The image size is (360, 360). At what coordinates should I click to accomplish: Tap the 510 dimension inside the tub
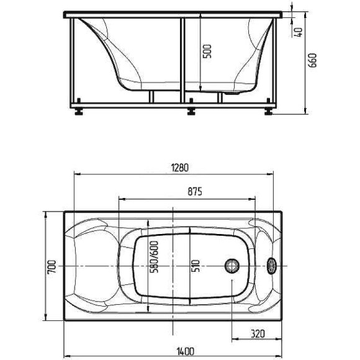[195, 266]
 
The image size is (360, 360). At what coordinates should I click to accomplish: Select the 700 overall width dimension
[52, 266]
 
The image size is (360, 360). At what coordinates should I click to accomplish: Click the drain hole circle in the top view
[232, 266]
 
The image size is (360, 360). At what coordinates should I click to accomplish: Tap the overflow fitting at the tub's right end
[272, 266]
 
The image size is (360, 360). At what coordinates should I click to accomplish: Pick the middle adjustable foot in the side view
[191, 112]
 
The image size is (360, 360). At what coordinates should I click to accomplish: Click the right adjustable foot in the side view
[268, 112]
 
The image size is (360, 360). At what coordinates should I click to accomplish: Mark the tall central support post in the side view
[181, 59]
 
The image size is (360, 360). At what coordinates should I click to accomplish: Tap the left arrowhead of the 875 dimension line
[120, 199]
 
